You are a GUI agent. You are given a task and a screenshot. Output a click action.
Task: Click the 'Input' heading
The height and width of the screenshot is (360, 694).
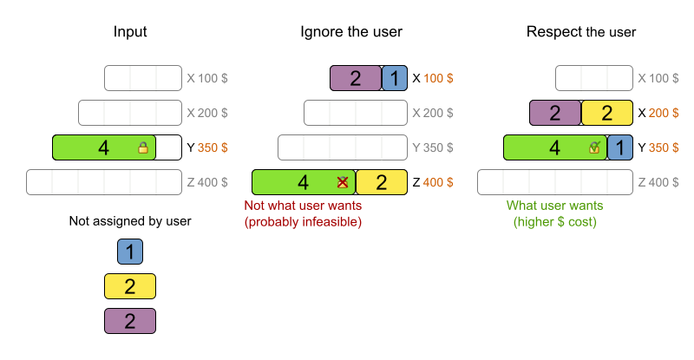(130, 32)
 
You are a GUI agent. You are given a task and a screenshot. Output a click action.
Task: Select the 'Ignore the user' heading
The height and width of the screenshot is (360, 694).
(351, 32)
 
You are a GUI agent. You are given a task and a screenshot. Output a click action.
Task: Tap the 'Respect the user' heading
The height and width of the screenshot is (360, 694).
(581, 32)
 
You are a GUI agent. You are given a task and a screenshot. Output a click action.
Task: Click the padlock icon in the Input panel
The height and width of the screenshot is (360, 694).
(143, 148)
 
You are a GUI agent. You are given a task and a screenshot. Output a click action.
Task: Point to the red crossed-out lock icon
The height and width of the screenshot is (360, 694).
(343, 182)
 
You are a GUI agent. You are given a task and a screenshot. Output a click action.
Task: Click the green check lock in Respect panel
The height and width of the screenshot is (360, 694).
(594, 147)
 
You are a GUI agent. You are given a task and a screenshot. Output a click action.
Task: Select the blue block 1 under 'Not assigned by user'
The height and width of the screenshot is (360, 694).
(130, 252)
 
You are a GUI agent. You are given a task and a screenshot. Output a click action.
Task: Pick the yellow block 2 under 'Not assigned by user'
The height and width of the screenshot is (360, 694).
(130, 286)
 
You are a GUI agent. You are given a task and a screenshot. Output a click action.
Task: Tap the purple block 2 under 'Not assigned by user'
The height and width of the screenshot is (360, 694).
(130, 321)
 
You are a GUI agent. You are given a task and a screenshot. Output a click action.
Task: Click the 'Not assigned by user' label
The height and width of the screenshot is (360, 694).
(130, 221)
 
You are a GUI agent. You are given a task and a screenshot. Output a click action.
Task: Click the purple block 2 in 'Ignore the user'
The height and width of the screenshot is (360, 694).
(356, 78)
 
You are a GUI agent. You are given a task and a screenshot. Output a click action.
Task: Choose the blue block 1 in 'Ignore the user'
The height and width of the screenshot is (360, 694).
(395, 78)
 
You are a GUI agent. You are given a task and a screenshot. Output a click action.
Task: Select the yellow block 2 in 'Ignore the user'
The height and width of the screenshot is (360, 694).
(382, 182)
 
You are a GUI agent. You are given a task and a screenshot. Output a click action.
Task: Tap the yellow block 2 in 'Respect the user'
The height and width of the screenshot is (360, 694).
(607, 113)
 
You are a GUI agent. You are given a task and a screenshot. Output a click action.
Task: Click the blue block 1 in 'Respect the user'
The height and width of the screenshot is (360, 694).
(620, 147)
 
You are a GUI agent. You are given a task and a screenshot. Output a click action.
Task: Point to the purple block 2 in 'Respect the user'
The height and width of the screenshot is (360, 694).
(555, 113)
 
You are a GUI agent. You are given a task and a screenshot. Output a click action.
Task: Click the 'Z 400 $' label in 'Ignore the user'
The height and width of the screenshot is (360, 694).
(433, 182)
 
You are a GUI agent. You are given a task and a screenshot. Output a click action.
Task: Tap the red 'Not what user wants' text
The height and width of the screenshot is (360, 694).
(303, 206)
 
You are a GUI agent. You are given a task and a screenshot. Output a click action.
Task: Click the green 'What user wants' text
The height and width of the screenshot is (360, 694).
(556, 206)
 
